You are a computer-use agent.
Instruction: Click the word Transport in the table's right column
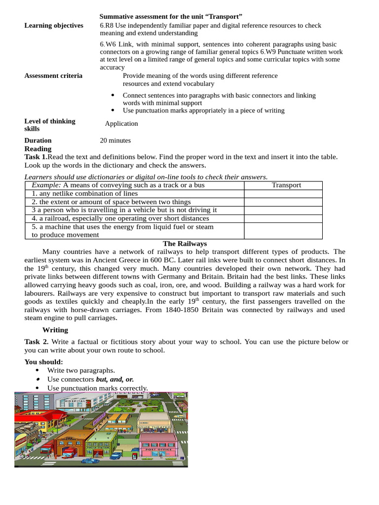coord(286,185)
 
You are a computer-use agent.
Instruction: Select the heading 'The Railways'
coord(185,244)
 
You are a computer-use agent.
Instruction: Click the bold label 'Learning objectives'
coord(54,26)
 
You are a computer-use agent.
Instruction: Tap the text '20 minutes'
coord(115,141)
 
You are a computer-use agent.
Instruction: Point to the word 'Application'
coord(121,124)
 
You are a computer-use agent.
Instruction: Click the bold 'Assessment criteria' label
coord(53,76)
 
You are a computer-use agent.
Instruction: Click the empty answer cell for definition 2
coord(283,202)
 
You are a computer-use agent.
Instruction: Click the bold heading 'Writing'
coord(55,330)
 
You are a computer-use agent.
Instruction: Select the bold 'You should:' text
coord(44,362)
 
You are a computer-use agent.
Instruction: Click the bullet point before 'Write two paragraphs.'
coord(39,370)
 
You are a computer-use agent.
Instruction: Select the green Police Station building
coord(101,444)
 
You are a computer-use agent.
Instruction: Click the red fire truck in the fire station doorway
coord(68,452)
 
